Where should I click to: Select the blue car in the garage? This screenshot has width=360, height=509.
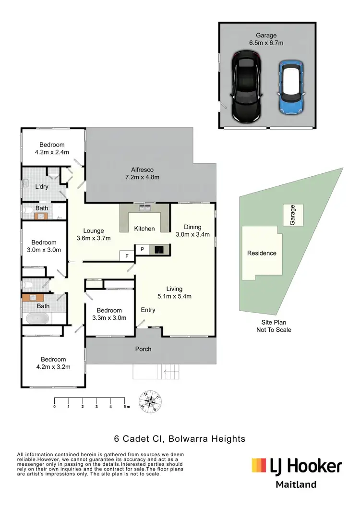click(290, 87)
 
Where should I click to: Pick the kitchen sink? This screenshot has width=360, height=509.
click(144, 208)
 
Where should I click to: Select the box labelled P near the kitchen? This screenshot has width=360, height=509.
click(143, 249)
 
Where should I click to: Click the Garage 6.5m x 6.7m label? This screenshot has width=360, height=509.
click(266, 39)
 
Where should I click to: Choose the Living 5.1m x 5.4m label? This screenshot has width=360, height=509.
click(175, 292)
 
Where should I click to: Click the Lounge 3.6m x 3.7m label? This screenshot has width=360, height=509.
click(94, 234)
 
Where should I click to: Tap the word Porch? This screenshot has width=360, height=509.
click(143, 349)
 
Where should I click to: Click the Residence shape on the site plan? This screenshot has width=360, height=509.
click(262, 253)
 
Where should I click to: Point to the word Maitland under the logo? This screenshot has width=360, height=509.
click(296, 485)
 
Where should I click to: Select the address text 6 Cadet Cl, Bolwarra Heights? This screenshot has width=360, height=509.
click(180, 438)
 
